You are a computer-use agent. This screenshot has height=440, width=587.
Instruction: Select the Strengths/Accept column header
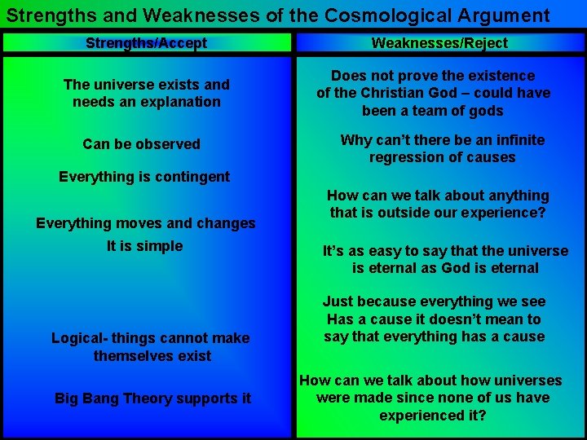click(146, 43)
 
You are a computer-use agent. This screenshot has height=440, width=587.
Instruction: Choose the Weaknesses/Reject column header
click(439, 43)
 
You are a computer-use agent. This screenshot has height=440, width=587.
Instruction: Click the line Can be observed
click(141, 144)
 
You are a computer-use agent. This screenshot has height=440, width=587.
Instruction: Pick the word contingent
click(188, 177)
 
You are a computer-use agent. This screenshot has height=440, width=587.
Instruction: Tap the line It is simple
click(145, 246)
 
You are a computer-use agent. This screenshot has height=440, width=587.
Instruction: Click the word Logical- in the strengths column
click(80, 338)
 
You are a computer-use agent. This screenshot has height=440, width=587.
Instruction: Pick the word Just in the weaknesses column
click(338, 301)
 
